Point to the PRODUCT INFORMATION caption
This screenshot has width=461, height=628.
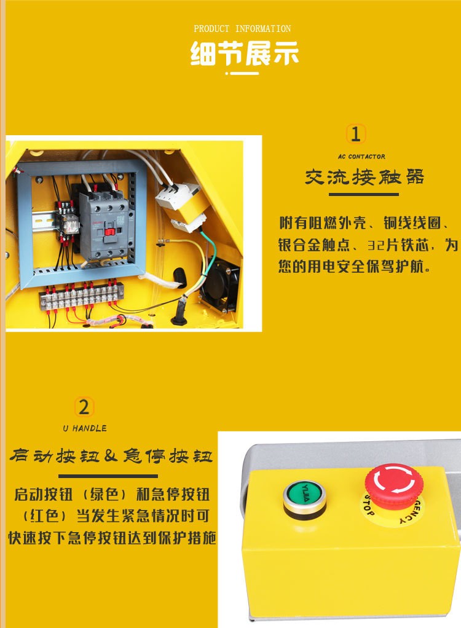(242, 29)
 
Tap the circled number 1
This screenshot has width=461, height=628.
(355, 134)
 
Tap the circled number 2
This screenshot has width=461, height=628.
(84, 407)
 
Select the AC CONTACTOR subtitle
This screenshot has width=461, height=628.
(361, 157)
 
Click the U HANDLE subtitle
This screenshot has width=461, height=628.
(84, 428)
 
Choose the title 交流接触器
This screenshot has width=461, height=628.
(364, 178)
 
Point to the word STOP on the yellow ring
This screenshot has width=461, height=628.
(368, 506)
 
